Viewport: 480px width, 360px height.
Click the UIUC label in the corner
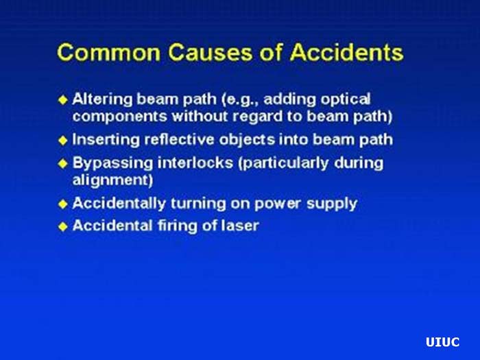[442, 342]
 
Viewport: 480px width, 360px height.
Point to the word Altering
[100, 98]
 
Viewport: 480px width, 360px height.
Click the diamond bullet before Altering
[63, 99]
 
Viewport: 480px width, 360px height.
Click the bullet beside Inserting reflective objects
[63, 140]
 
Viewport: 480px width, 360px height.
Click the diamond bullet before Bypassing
[63, 164]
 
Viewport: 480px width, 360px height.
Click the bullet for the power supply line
[63, 204]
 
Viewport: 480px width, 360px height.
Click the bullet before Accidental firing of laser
[63, 226]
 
